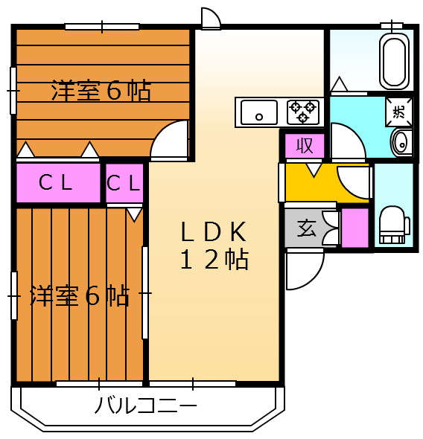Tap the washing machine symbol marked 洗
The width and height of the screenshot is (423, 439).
[x=399, y=112]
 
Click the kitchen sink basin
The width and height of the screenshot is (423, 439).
[x=258, y=113]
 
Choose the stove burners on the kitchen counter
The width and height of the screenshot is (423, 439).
[x=303, y=112]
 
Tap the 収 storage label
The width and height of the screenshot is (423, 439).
[x=305, y=146]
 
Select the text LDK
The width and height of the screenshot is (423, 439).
[x=212, y=232]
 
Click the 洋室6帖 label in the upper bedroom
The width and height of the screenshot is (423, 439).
[x=101, y=92]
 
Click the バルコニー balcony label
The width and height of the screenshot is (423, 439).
[x=146, y=406]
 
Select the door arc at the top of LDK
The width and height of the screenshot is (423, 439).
[x=211, y=19]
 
